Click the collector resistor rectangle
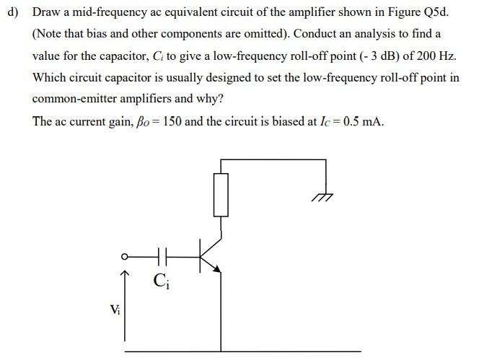(x=221, y=194)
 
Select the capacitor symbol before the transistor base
(x=162, y=255)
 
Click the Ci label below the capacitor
(x=160, y=279)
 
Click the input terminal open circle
(x=123, y=255)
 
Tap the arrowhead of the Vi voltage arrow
(x=125, y=275)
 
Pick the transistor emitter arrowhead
(x=217, y=268)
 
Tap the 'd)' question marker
(x=12, y=13)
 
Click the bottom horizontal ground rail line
(x=242, y=351)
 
